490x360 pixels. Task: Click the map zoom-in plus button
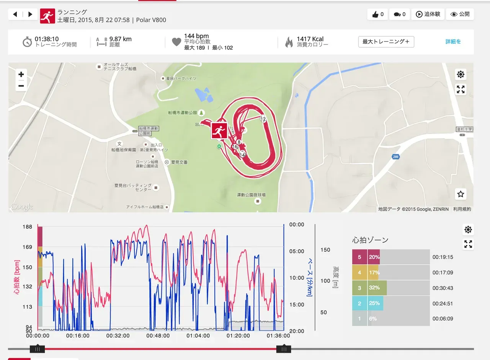click(21, 74)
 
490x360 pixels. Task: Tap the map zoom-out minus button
click(21, 86)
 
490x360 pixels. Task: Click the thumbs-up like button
click(377, 15)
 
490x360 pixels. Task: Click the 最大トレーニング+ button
click(386, 42)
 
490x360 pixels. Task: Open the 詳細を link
click(453, 42)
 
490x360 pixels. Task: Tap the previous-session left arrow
click(15, 15)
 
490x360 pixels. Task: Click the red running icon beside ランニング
click(47, 16)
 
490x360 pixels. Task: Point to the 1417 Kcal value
click(310, 39)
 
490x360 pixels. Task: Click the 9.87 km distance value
click(120, 39)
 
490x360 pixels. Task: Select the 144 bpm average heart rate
click(196, 36)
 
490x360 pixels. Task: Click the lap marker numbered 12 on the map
click(263, 119)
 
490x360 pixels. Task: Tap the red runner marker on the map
click(219, 131)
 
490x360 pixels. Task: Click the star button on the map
click(461, 194)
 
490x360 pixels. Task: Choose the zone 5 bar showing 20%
click(366, 257)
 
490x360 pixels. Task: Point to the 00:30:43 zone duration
click(443, 288)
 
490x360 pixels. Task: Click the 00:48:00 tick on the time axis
click(158, 336)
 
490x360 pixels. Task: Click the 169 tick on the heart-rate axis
click(27, 247)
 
